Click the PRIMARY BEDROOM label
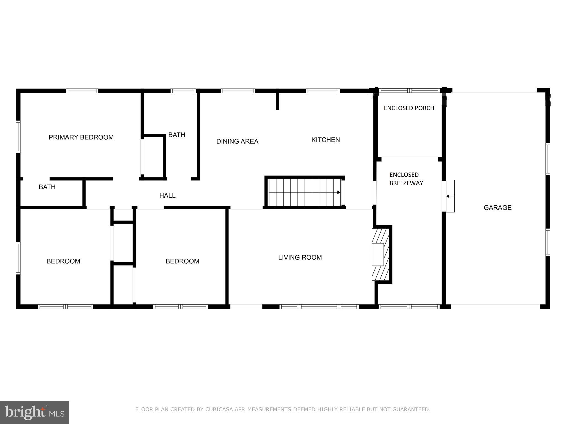click(81, 137)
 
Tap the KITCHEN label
click(325, 140)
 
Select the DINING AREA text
click(237, 141)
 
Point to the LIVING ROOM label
click(300, 257)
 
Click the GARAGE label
click(497, 208)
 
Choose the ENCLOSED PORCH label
click(409, 108)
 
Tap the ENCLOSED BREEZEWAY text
click(406, 179)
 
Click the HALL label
click(167, 195)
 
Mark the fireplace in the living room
click(381, 254)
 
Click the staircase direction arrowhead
click(339, 192)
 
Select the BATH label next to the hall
click(47, 187)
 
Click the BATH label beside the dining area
click(177, 135)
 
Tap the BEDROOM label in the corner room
click(63, 261)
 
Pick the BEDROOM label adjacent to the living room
click(182, 261)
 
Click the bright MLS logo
click(34, 412)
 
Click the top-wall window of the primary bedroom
click(82, 91)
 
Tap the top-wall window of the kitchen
click(323, 91)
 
